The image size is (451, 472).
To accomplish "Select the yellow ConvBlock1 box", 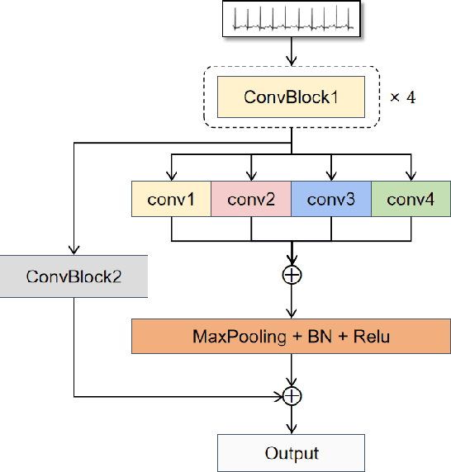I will click(291, 97).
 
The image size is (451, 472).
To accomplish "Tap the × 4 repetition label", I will click(402, 97).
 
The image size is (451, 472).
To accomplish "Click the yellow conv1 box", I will click(171, 200).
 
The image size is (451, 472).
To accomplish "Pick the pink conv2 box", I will click(250, 200).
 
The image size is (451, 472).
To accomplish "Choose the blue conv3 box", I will click(330, 200).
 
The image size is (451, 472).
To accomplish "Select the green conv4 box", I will click(411, 200).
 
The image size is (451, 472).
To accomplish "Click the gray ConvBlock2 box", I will click(74, 276).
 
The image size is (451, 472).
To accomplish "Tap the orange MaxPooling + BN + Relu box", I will click(291, 337).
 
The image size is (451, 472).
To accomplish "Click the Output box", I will click(291, 453).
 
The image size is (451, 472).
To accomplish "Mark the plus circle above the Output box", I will click(291, 396).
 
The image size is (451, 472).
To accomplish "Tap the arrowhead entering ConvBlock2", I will click(74, 252).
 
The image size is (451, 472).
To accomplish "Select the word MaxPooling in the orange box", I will click(230, 337).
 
